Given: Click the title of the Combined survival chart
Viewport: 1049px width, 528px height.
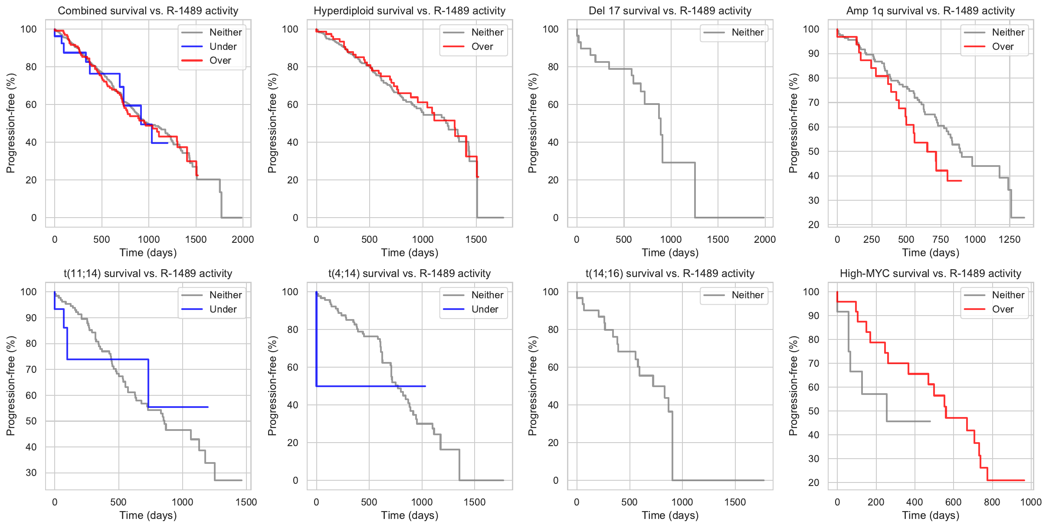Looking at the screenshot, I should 148,11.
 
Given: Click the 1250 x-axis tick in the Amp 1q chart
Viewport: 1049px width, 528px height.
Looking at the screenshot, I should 1010,239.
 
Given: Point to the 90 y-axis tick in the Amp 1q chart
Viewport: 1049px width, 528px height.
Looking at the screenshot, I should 811,54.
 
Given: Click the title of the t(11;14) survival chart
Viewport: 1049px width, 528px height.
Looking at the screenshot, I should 148,274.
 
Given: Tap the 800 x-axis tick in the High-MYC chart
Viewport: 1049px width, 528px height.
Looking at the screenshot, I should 992,502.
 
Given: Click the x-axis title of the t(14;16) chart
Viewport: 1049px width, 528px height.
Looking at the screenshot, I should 670,515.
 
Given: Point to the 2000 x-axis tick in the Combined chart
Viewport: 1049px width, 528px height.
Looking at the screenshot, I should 243,239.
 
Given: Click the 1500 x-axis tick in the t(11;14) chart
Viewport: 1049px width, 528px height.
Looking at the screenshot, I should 246,502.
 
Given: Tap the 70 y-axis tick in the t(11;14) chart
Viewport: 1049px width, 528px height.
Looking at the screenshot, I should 31,369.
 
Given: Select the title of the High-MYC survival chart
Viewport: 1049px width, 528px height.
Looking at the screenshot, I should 930,274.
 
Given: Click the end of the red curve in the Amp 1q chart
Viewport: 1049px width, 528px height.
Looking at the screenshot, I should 961,180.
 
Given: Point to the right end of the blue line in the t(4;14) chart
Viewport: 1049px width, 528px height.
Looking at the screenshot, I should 425,386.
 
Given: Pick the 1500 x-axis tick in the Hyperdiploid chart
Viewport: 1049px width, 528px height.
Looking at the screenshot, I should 476,239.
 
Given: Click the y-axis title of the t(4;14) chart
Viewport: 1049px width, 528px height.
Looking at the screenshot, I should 272,386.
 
